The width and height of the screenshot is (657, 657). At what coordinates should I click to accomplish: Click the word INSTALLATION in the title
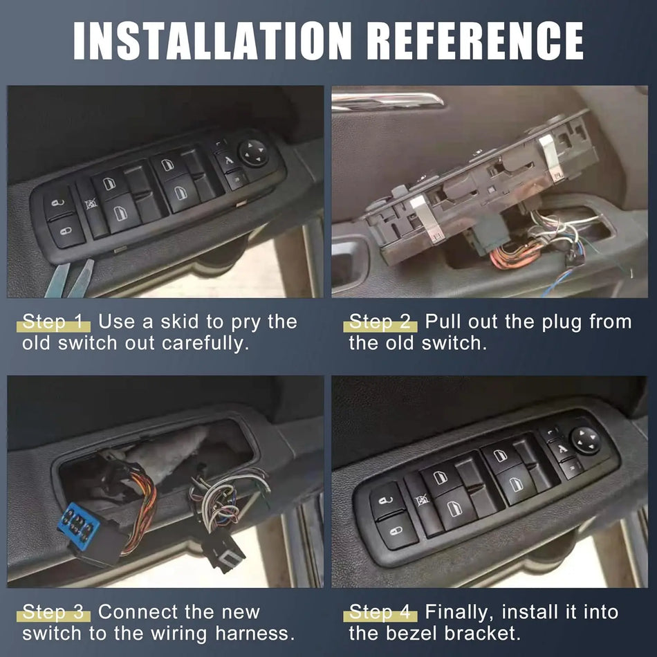(x=200, y=41)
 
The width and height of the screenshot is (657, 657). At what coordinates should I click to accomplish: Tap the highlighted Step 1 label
(x=55, y=322)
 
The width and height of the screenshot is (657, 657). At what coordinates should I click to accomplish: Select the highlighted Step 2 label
(x=382, y=322)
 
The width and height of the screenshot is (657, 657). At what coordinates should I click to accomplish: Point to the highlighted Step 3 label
(x=55, y=612)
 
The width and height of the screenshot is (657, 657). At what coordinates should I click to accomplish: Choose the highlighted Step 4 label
(x=382, y=612)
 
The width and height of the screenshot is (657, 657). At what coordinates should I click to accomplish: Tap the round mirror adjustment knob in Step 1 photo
(x=254, y=152)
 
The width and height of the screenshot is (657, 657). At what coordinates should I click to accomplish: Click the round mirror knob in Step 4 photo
(x=584, y=440)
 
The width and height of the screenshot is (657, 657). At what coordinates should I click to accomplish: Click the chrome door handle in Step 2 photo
(x=387, y=102)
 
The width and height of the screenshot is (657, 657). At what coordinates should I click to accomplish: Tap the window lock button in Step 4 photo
(x=421, y=500)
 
